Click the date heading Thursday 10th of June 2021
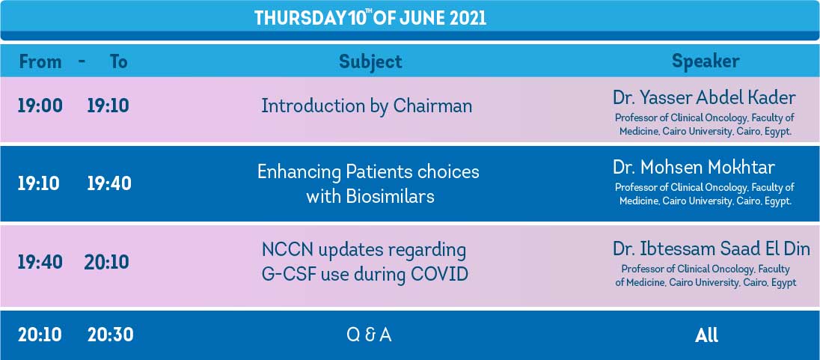[370, 18]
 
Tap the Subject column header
[370, 61]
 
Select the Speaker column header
[706, 61]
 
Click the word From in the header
[40, 61]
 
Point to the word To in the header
[119, 61]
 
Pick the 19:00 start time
[40, 106]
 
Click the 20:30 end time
[110, 335]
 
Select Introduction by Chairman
[367, 106]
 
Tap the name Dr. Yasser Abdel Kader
[705, 98]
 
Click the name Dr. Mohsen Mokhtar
[694, 168]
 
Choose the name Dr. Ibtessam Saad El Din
[712, 249]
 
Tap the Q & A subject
[369, 335]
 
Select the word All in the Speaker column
[706, 335]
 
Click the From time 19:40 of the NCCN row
[40, 262]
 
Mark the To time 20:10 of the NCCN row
[107, 262]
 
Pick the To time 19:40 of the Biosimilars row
[109, 183]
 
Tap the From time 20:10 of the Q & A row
[40, 335]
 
